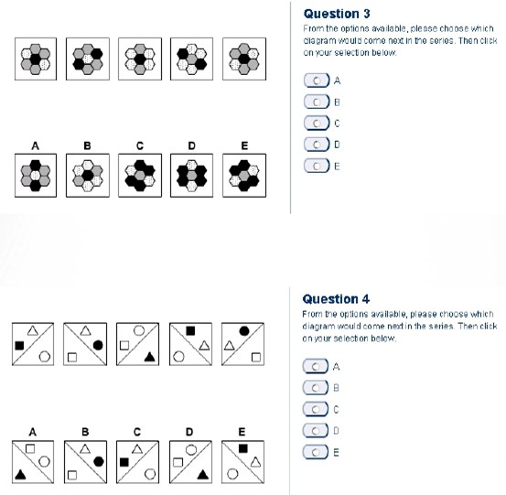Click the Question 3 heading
337,14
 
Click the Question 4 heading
336,299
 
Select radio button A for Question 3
317,81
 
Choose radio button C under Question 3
317,124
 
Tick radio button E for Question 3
317,166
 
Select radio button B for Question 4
316,388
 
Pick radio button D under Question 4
316,430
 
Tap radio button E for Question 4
316,452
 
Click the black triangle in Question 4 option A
20,474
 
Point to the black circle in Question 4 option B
99,462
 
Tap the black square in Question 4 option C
124,462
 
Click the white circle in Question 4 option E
232,474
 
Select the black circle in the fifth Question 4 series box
244,331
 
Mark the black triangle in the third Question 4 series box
149,357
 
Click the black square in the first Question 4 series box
19,346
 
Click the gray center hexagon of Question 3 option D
191,176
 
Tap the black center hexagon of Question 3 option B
88,176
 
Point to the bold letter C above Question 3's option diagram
140,145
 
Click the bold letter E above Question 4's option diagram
242,432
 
